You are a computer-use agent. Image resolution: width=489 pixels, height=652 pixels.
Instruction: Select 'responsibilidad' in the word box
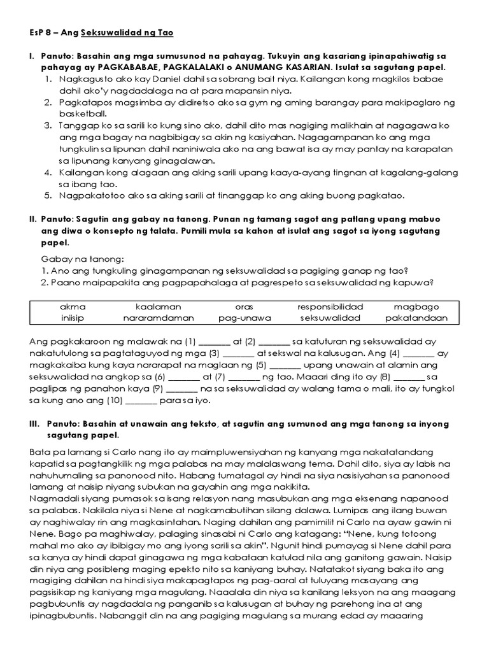[330, 306]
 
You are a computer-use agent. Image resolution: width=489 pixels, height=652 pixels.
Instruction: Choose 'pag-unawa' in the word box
[244, 318]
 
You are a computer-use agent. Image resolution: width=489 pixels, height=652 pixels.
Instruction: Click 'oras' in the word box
[244, 306]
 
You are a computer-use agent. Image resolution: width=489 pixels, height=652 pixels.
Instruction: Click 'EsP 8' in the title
[43, 32]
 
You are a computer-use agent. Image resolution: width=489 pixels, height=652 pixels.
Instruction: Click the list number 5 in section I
[48, 195]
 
